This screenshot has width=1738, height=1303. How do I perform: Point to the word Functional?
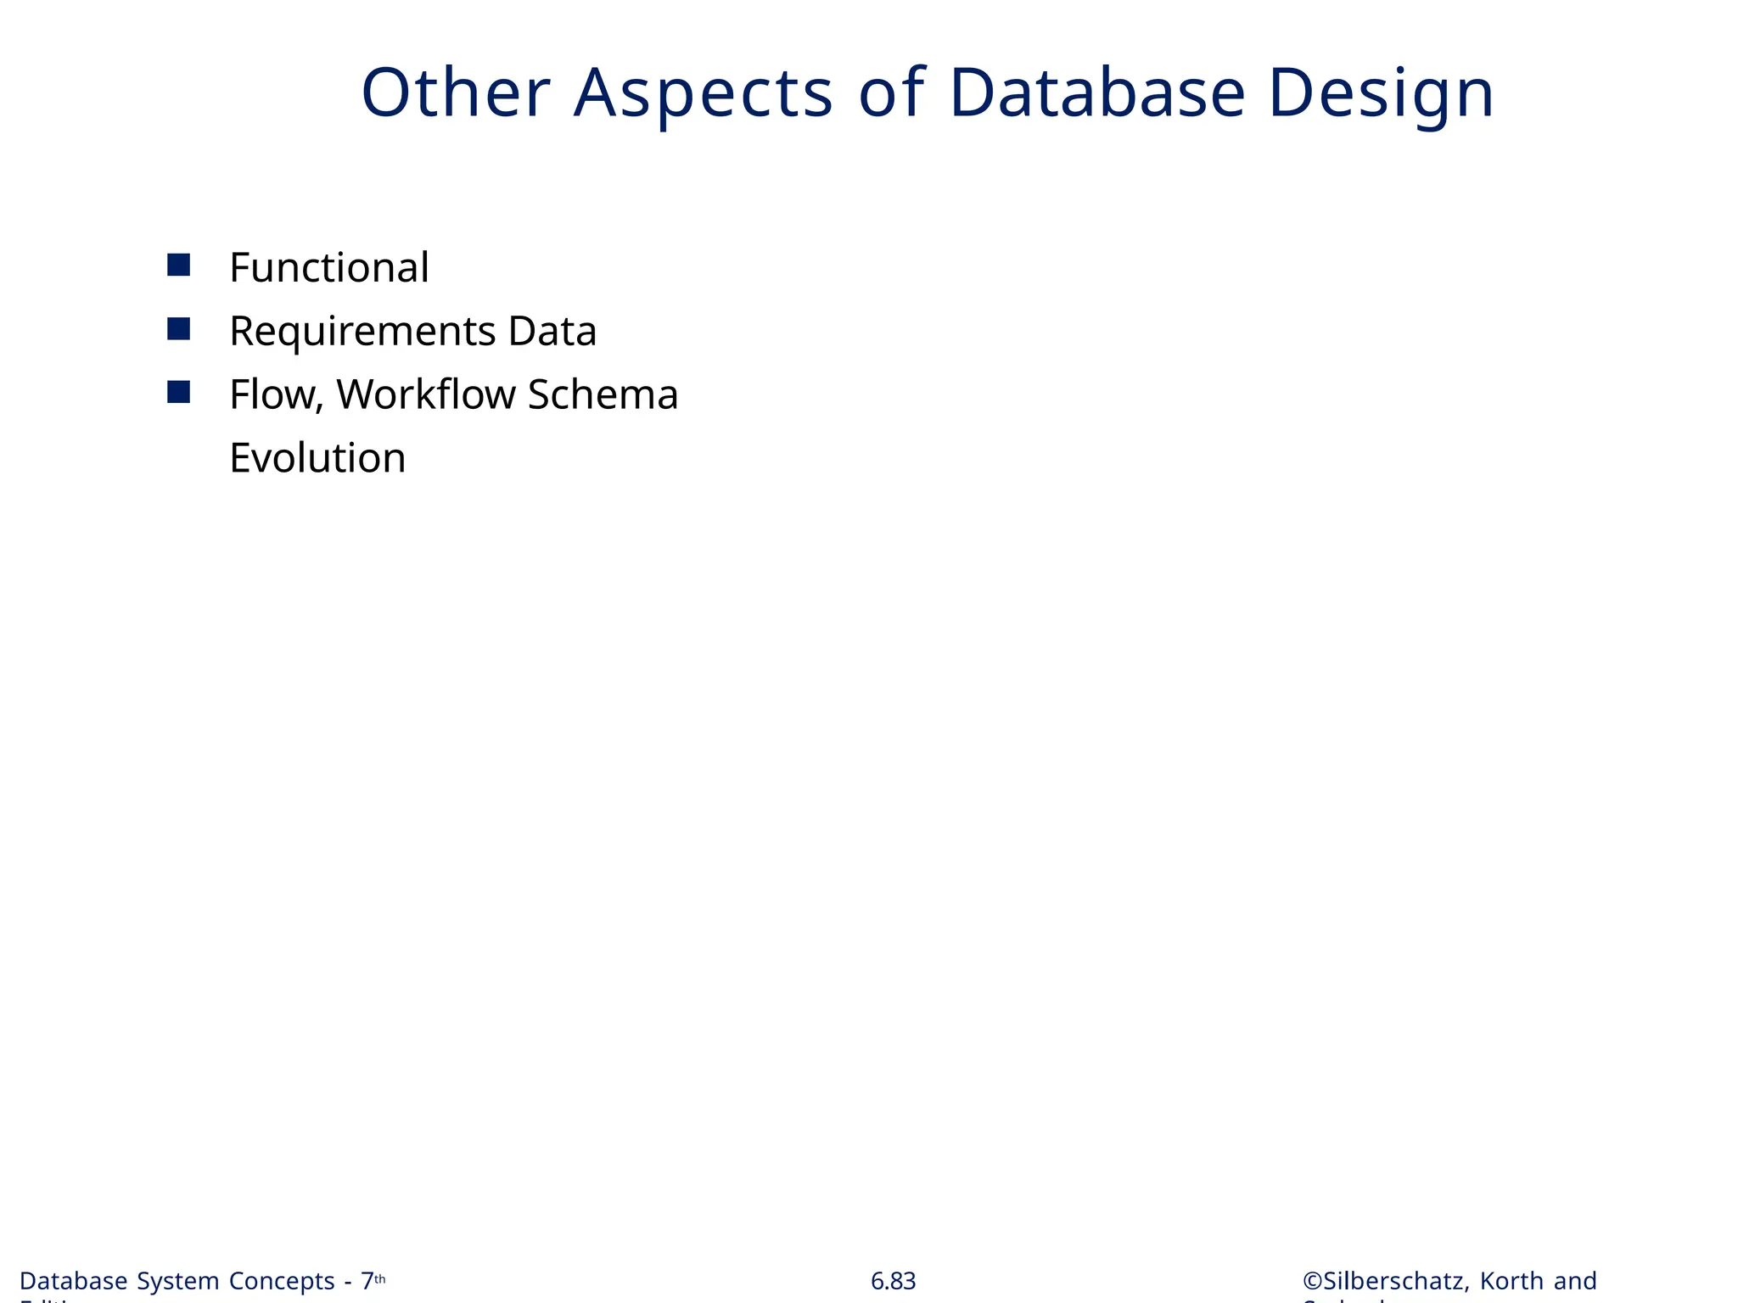(329, 268)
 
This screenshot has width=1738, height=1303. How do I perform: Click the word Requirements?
(362, 332)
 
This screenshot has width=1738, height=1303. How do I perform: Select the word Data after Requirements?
(552, 332)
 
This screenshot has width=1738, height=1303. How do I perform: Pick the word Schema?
(603, 395)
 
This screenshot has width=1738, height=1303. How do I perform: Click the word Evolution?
(317, 459)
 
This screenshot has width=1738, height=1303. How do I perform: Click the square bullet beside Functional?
(178, 266)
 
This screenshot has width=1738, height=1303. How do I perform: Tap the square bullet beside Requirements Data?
(178, 329)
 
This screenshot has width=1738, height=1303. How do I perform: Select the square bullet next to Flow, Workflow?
(178, 392)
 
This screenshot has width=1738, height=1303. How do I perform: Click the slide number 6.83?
(893, 1281)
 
